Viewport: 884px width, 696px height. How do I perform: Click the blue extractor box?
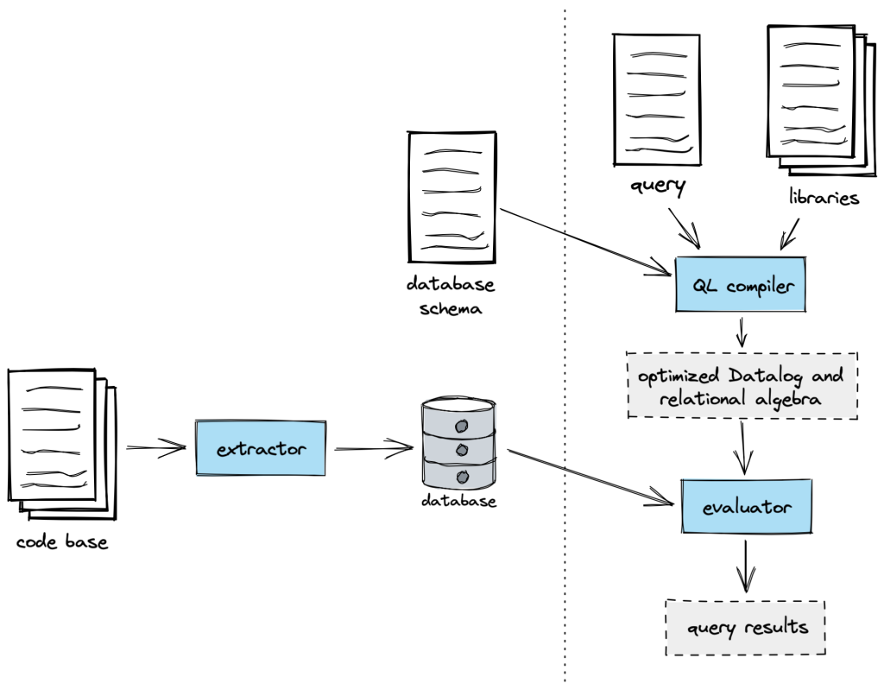[x=261, y=447]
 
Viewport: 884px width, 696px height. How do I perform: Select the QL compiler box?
[x=741, y=284]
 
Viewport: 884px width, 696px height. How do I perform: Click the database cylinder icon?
[x=458, y=442]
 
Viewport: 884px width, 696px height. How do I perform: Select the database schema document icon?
[x=451, y=197]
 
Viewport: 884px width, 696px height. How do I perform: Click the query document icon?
[x=656, y=98]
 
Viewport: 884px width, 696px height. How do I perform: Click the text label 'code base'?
[x=61, y=543]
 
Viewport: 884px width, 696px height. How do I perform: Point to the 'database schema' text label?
[x=451, y=296]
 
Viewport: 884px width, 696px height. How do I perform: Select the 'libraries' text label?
[x=824, y=198]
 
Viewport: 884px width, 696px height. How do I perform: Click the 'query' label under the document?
[x=658, y=186]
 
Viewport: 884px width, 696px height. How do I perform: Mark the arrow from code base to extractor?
[x=155, y=446]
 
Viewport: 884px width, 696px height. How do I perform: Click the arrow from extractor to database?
[x=373, y=448]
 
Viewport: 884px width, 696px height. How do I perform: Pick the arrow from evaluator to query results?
[x=745, y=566]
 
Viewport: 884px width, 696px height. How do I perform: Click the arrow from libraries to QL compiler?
[x=790, y=231]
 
